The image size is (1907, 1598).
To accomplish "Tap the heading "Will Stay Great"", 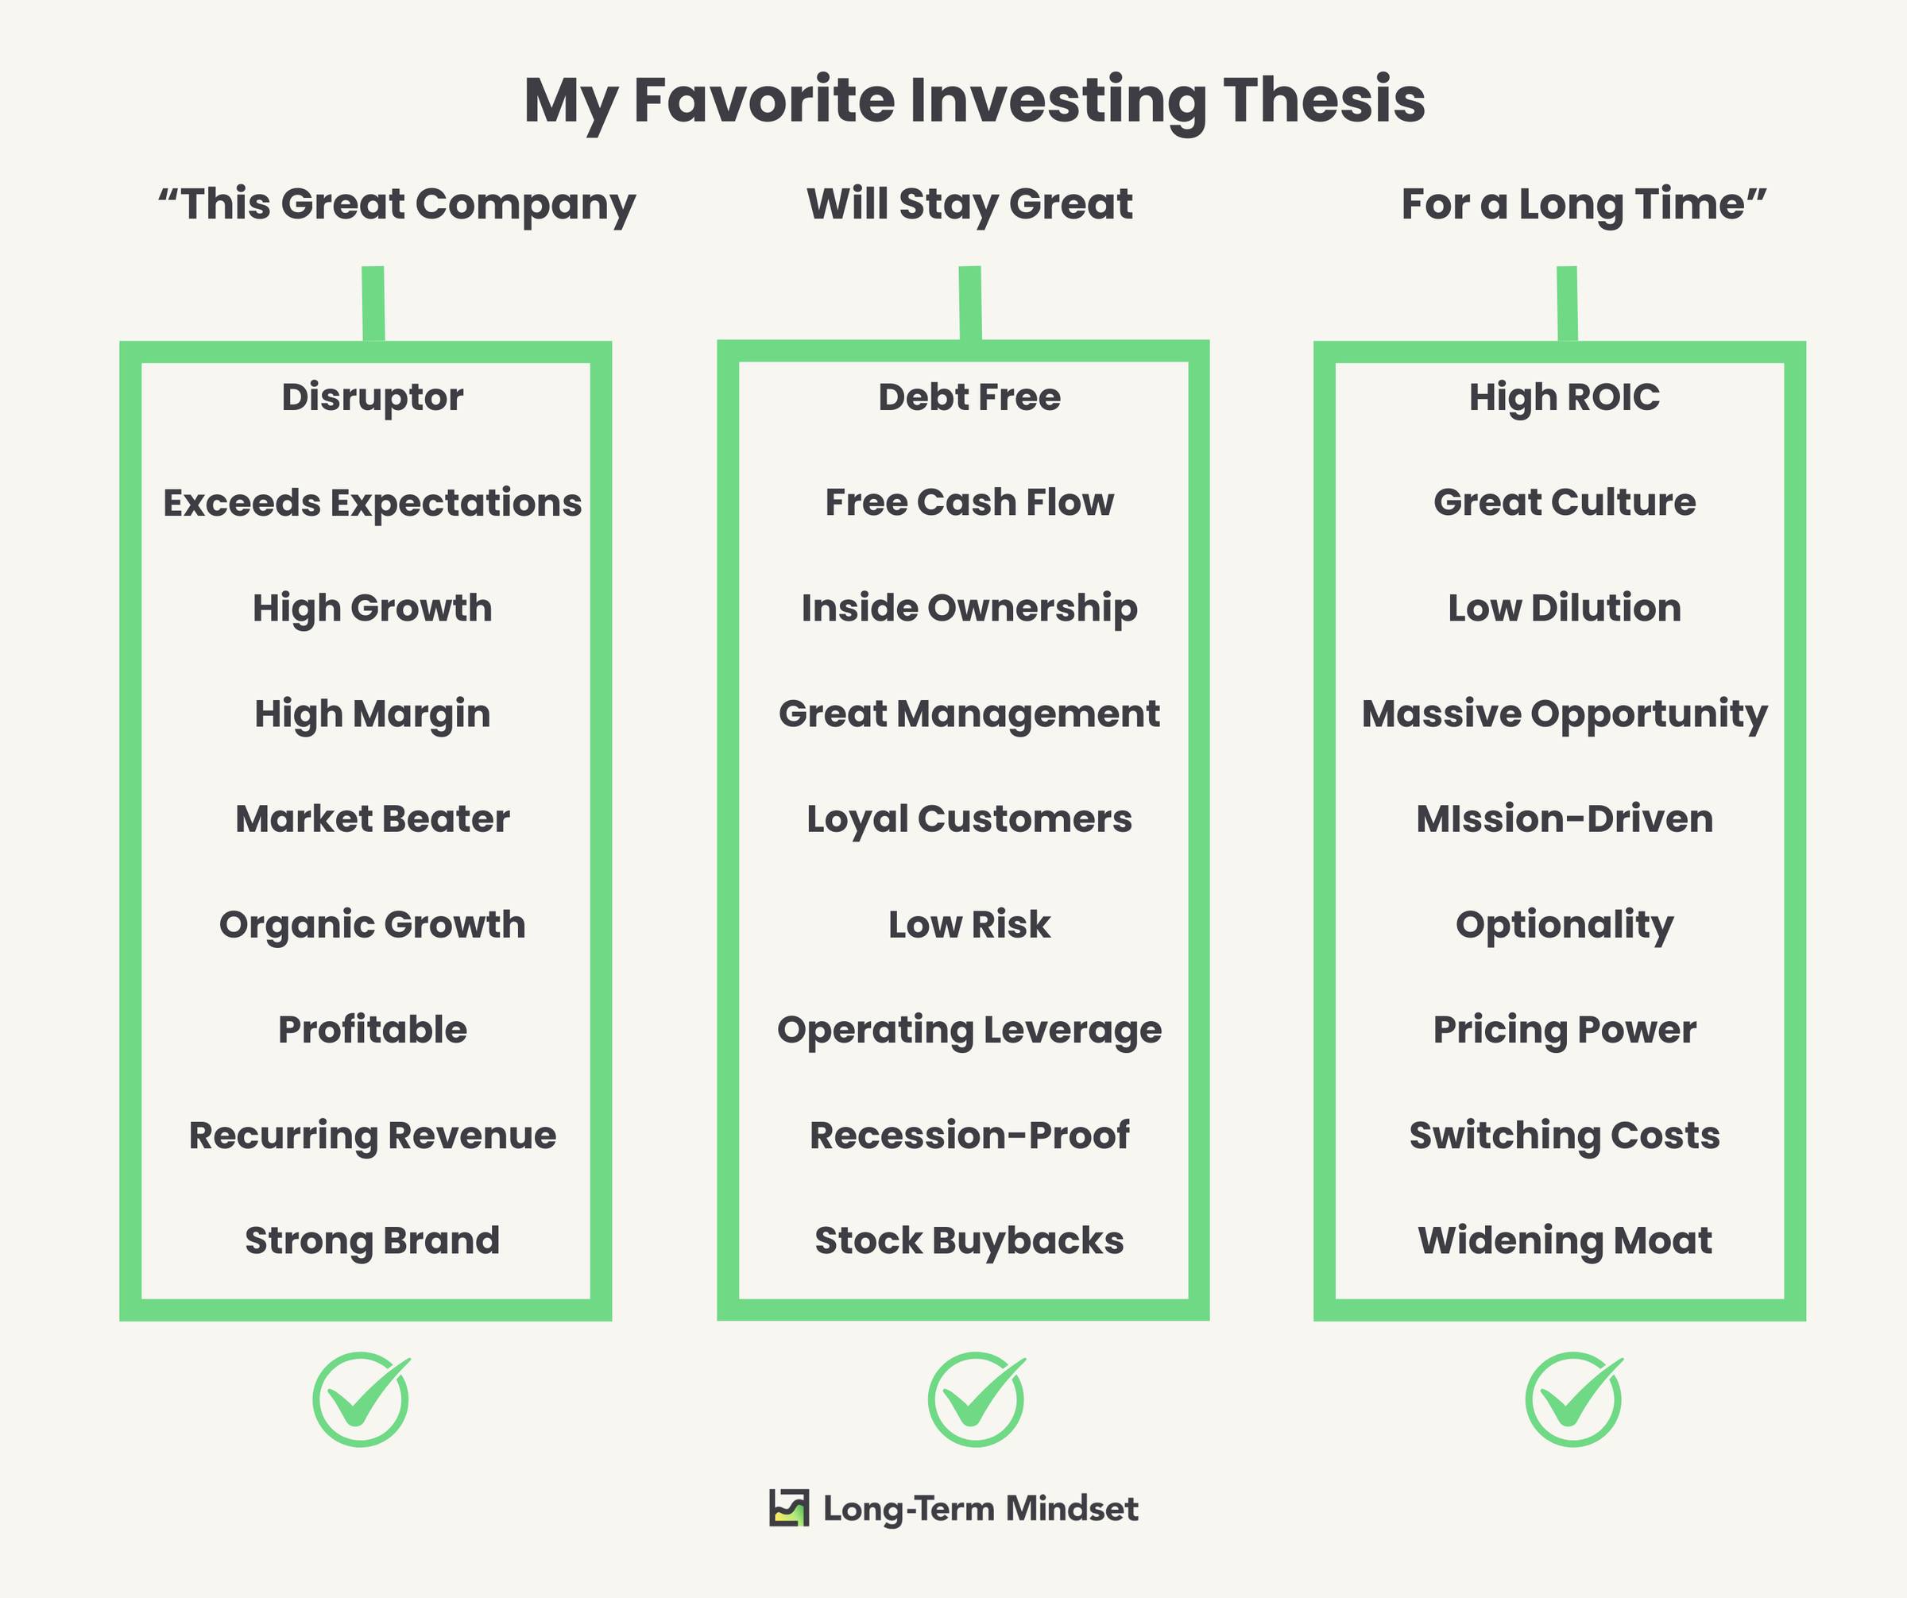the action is point(970,204).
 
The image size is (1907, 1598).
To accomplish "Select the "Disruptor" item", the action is point(373,397).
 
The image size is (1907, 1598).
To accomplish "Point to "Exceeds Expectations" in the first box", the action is point(373,503).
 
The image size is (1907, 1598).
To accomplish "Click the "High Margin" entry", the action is point(373,714).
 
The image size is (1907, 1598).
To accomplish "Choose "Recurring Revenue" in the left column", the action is point(373,1136).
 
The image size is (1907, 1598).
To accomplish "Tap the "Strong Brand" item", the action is point(373,1241).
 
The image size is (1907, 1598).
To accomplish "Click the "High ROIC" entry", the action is point(1565,397).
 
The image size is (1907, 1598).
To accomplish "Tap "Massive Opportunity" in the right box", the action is point(1565,714).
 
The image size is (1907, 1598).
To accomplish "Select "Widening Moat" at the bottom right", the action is point(1565,1241).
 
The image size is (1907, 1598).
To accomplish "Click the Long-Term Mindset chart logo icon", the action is point(788,1508).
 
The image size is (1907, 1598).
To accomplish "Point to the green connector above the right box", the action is point(1568,304).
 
